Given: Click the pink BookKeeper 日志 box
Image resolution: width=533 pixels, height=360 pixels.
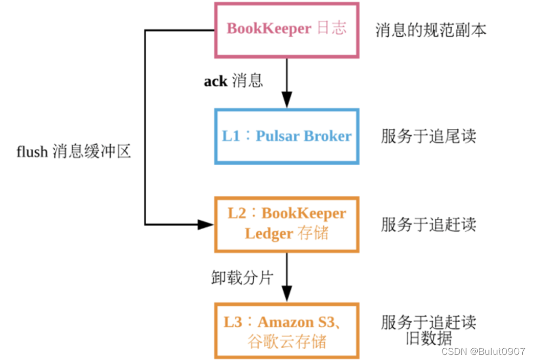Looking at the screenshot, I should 286,30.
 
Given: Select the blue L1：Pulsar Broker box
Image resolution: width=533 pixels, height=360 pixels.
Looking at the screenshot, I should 286,136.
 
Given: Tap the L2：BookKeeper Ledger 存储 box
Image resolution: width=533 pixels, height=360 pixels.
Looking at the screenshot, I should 286,224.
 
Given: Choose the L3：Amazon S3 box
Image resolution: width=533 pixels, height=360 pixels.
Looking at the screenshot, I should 286,330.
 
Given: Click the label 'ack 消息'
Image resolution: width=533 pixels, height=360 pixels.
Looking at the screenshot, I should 233,81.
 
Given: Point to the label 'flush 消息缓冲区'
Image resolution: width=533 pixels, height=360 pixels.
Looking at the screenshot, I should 74,151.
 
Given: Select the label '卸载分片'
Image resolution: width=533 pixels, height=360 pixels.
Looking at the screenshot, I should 242,278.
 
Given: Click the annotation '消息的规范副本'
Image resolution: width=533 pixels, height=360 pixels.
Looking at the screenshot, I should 431,30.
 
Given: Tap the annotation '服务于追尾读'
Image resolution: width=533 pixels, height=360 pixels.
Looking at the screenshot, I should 428,136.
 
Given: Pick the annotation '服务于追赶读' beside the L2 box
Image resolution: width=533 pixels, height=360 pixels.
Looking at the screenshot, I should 428,224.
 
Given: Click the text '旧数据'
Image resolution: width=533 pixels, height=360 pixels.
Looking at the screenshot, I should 429,339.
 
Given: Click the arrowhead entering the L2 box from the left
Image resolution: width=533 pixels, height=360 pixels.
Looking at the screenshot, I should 206,224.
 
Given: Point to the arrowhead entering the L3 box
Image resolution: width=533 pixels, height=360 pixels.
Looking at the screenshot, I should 286,295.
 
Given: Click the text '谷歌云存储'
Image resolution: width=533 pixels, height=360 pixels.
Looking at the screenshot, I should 286,341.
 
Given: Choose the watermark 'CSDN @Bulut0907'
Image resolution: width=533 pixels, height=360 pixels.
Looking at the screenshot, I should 483,352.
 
